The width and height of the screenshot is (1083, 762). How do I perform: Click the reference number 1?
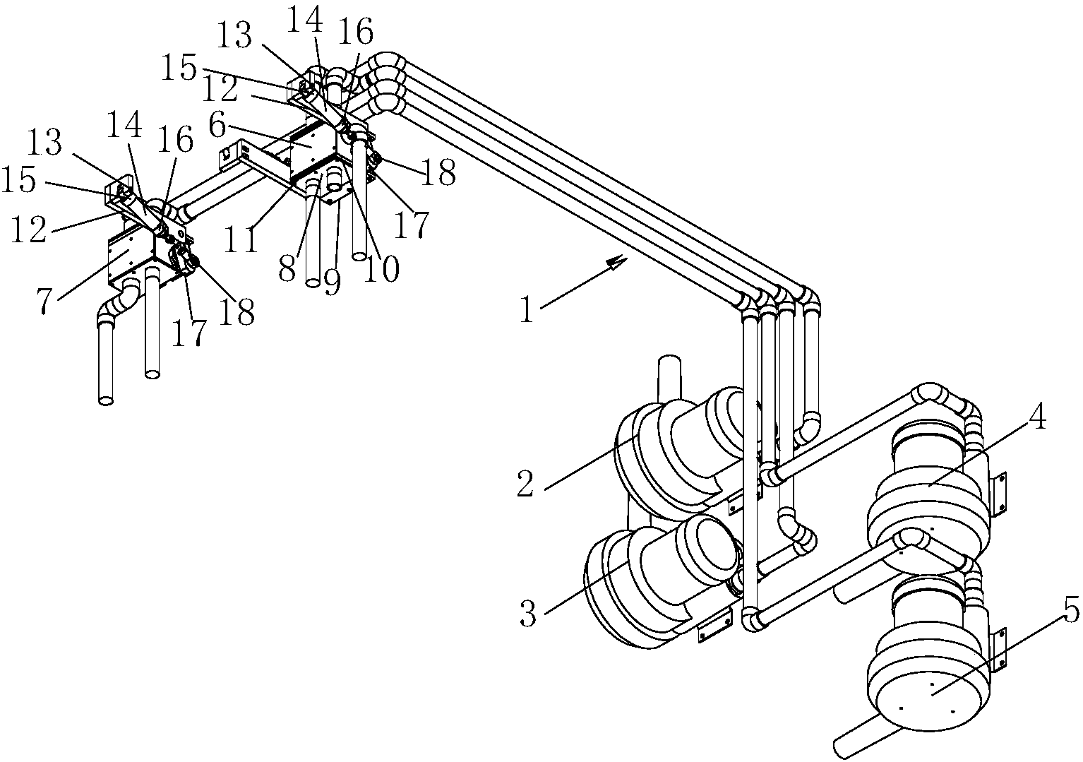(527, 309)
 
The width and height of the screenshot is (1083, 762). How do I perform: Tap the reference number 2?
(525, 484)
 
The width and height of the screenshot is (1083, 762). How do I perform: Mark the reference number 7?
(44, 302)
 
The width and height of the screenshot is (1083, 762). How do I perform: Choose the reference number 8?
(287, 268)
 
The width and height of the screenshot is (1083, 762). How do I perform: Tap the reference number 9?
(332, 282)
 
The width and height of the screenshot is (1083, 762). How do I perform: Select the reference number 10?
(382, 268)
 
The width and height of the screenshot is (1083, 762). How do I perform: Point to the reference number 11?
(241, 240)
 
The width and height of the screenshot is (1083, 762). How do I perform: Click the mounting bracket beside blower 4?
(998, 493)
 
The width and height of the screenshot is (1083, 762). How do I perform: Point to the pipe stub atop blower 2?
(669, 381)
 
